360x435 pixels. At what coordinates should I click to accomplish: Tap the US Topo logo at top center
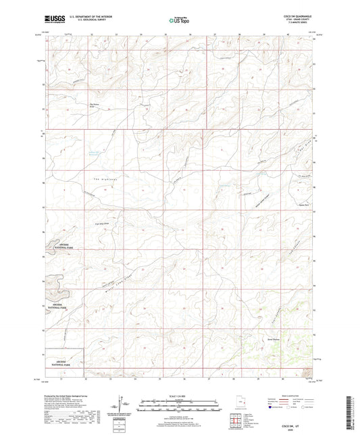click(179, 21)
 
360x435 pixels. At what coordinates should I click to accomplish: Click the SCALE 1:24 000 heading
click(179, 396)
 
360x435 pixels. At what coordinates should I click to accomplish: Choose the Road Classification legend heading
click(290, 396)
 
